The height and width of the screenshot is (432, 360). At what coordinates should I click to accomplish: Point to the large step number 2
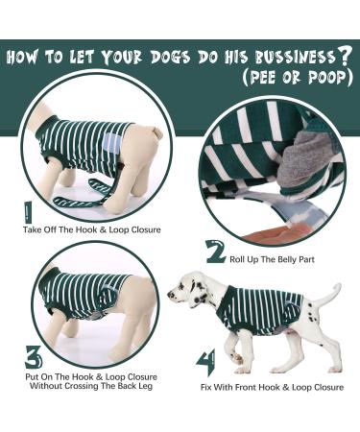click(216, 252)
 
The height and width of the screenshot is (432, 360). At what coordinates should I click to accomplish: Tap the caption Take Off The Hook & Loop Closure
click(92, 229)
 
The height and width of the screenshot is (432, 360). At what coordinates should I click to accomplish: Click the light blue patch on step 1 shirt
click(114, 144)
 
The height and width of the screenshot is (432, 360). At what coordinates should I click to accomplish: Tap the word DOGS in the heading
click(157, 56)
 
